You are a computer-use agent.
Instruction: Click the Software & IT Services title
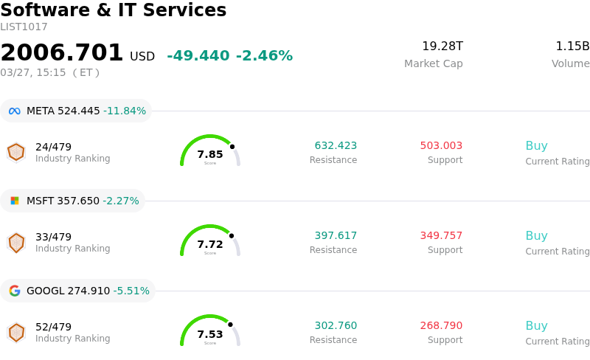click(x=113, y=10)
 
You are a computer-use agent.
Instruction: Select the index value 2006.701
click(x=62, y=53)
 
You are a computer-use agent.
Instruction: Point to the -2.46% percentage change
click(x=264, y=56)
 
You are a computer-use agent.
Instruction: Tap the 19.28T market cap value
click(x=442, y=46)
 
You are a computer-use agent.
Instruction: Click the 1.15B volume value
click(x=572, y=46)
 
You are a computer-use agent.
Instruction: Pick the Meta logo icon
click(x=15, y=111)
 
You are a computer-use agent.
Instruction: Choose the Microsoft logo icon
click(x=15, y=201)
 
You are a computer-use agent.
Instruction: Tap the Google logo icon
click(x=15, y=291)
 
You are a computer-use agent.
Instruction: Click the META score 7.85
click(x=210, y=154)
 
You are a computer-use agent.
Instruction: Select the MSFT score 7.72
click(x=210, y=244)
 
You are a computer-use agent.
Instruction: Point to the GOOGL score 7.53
click(x=210, y=334)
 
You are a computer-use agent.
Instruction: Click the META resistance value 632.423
click(x=336, y=146)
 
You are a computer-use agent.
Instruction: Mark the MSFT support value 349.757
click(x=441, y=236)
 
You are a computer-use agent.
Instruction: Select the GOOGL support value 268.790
click(x=441, y=326)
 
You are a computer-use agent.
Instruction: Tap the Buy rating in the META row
click(x=536, y=146)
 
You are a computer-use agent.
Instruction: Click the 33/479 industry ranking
click(x=53, y=237)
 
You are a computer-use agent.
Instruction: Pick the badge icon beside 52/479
click(x=16, y=333)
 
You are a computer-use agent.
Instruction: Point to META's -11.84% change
click(x=125, y=111)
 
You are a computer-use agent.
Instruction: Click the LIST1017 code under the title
click(x=24, y=27)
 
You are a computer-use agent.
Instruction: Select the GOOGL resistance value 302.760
click(x=336, y=326)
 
